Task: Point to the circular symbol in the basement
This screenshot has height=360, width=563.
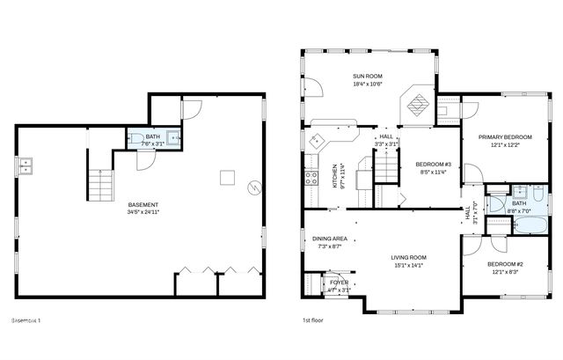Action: pyautogui.click(x=254, y=187)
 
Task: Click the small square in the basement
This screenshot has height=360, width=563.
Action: pyautogui.click(x=228, y=176)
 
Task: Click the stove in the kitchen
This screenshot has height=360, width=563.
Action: pyautogui.click(x=311, y=179)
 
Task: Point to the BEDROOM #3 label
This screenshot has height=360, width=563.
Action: pyautogui.click(x=433, y=165)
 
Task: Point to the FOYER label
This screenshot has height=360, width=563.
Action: pyautogui.click(x=339, y=283)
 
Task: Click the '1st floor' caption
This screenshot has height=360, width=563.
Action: pyautogui.click(x=313, y=321)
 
